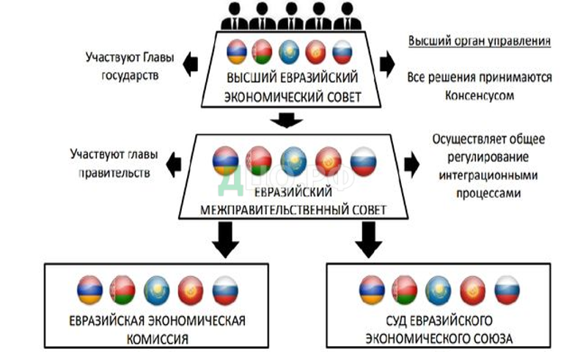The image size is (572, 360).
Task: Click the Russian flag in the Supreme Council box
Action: (x=342, y=52)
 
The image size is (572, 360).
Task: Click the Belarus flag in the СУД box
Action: (x=404, y=291)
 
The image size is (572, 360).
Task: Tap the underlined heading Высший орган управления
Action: (x=479, y=41)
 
